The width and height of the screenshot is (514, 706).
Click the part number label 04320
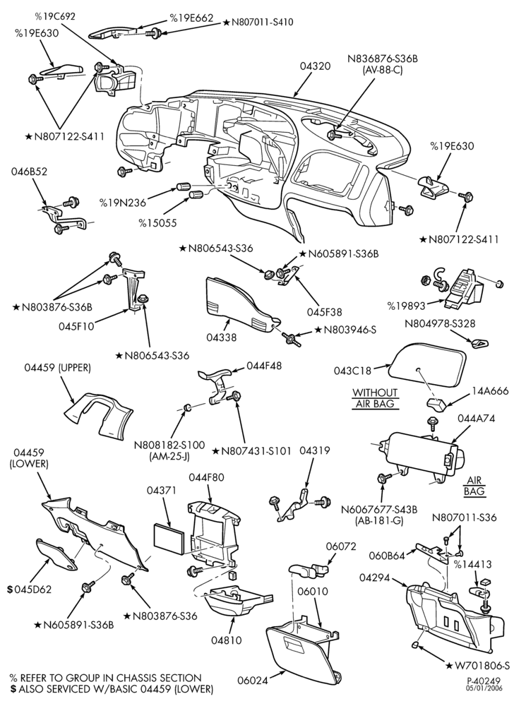pos(316,66)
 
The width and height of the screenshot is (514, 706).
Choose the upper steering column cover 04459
pos(97,414)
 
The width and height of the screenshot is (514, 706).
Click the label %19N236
pos(123,203)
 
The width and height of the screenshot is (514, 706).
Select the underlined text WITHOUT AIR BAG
pos(375,398)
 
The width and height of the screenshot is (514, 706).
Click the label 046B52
pos(30,172)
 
